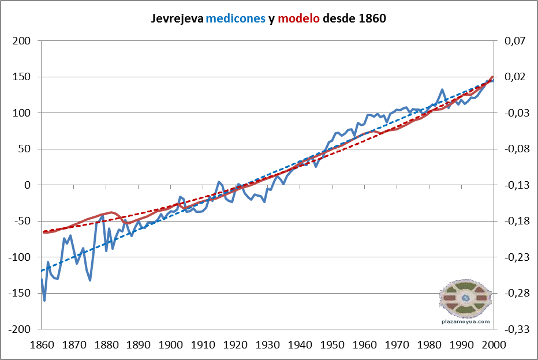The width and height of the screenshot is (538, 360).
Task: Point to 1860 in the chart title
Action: click(371, 18)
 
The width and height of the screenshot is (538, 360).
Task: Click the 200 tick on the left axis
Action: click(22, 41)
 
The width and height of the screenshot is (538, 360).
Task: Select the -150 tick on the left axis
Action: click(18, 294)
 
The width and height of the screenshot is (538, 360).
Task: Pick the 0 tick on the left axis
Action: click(27, 185)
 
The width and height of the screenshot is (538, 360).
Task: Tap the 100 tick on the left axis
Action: click(22, 113)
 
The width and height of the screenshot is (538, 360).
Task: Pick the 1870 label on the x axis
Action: click(73, 344)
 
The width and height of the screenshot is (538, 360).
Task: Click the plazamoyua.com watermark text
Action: click(465, 322)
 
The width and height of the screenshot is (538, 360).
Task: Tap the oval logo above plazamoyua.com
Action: click(465, 298)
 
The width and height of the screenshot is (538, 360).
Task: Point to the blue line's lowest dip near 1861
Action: click(44, 300)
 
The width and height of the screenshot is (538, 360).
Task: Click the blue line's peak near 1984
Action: click(442, 89)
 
